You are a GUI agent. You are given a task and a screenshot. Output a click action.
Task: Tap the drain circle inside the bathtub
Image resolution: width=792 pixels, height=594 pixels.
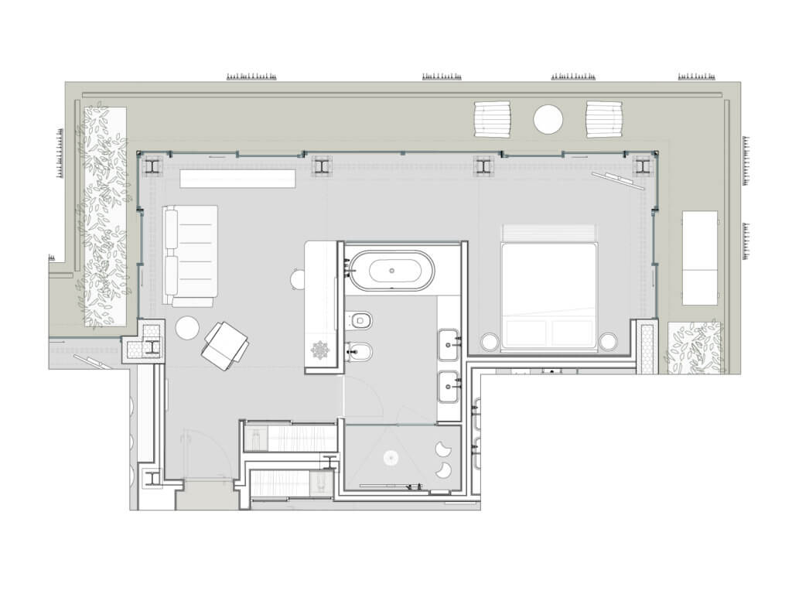(391, 271)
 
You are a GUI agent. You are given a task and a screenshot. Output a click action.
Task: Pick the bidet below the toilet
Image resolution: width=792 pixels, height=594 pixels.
(359, 352)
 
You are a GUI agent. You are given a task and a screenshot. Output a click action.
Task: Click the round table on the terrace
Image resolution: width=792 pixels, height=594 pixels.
(548, 119)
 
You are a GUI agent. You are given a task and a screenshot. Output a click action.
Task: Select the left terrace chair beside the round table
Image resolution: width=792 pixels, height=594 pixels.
(493, 119)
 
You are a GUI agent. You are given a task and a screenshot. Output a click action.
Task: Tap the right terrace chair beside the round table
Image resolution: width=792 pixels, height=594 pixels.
(605, 119)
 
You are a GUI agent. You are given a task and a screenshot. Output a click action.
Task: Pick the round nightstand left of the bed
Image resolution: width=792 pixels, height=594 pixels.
(489, 340)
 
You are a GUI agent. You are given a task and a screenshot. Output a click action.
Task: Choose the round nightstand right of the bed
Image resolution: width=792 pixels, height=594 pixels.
(609, 340)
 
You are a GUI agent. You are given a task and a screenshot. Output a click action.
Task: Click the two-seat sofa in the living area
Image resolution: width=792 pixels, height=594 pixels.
(190, 256)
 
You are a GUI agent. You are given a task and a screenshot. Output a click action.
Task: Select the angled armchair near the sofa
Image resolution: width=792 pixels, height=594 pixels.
(224, 344)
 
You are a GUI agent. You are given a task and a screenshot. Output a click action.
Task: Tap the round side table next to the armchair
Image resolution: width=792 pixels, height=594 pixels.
(188, 328)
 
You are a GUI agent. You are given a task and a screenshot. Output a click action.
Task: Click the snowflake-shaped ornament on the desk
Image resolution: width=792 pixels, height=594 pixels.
(320, 350)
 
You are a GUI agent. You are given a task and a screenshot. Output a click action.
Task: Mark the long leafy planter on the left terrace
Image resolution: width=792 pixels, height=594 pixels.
(104, 217)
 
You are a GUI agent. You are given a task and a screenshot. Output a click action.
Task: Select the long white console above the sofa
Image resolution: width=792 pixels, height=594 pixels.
(237, 179)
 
